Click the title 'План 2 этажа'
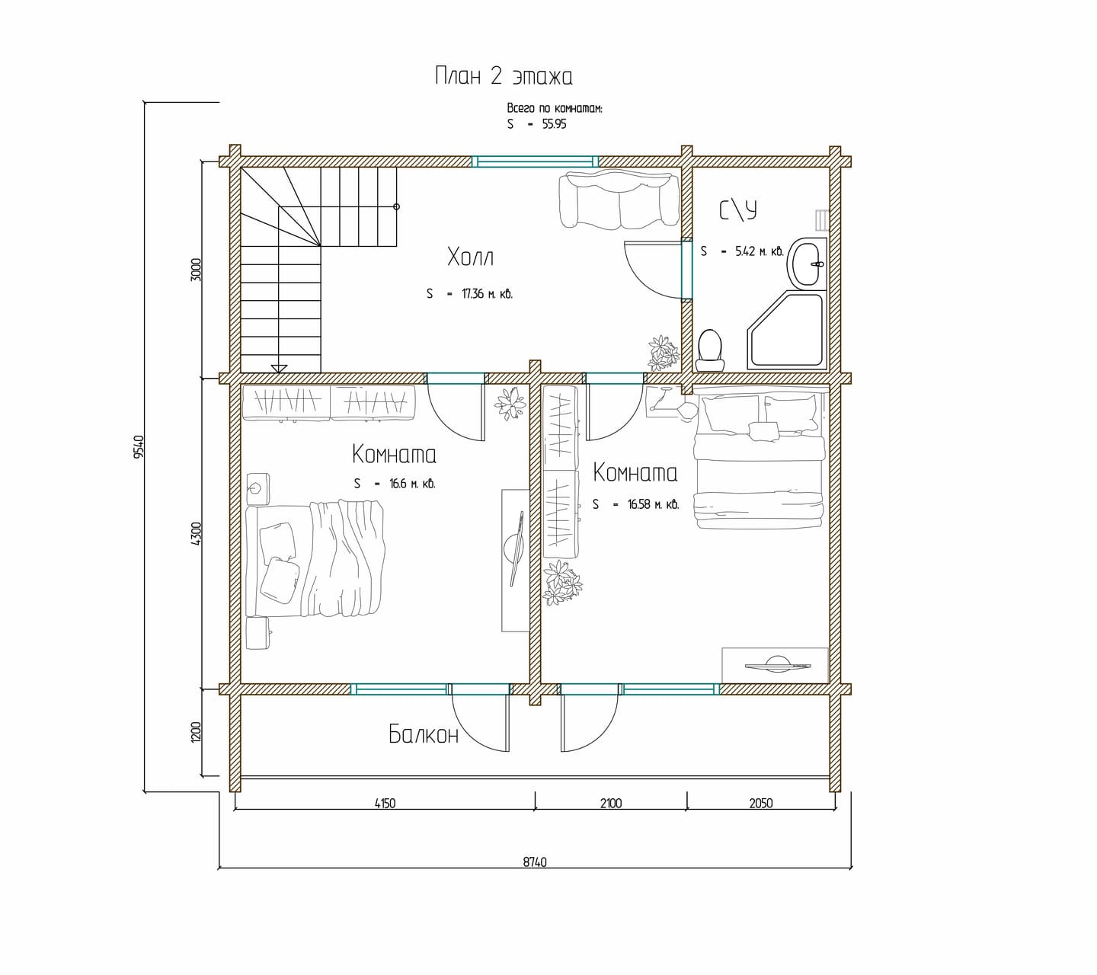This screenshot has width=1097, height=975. tap(504, 76)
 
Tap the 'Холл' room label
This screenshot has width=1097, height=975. tap(471, 257)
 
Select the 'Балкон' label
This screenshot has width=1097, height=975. tap(424, 734)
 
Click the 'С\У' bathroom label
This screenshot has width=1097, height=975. tap(738, 210)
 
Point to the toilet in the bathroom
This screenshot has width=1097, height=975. tap(711, 350)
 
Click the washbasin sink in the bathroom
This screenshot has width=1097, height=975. tap(808, 264)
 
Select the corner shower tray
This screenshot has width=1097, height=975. tap(787, 330)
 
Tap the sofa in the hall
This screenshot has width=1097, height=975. tap(619, 200)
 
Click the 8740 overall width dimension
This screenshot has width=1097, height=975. tap(535, 862)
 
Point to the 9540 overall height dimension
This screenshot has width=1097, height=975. tap(139, 446)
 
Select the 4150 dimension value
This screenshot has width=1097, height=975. tap(385, 804)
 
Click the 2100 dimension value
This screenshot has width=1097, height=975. tap(611, 804)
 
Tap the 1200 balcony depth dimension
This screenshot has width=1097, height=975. tap(196, 732)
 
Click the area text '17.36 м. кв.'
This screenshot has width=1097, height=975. tap(487, 295)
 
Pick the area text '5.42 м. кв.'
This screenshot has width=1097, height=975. tap(759, 251)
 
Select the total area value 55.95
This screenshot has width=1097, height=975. tap(555, 124)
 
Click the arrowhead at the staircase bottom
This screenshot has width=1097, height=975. tap(279, 369)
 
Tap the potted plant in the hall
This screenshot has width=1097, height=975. tap(664, 352)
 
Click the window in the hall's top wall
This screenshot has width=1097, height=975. tap(535, 161)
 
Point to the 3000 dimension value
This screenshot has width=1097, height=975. tap(196, 270)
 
